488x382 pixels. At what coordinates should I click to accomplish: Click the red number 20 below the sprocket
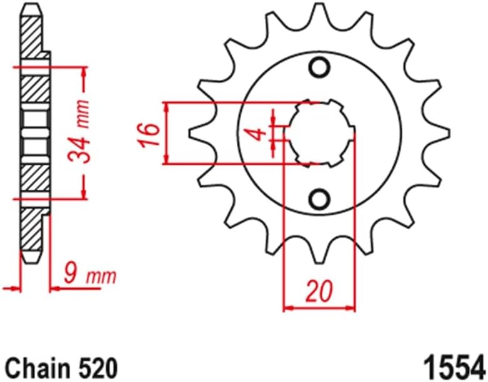click(x=319, y=290)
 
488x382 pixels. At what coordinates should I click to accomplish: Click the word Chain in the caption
click(x=35, y=365)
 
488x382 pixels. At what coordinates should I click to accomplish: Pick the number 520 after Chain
click(x=93, y=365)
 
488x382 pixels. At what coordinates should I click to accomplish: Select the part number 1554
click(x=454, y=364)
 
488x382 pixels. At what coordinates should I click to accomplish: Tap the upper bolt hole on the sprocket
click(x=320, y=66)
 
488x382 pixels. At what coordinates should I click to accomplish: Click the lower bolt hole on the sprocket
click(x=320, y=199)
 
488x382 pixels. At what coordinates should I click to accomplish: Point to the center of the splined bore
click(x=320, y=133)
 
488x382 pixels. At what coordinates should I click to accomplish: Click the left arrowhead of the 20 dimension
click(x=288, y=307)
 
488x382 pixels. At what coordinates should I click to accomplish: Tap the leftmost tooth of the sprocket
click(x=195, y=133)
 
